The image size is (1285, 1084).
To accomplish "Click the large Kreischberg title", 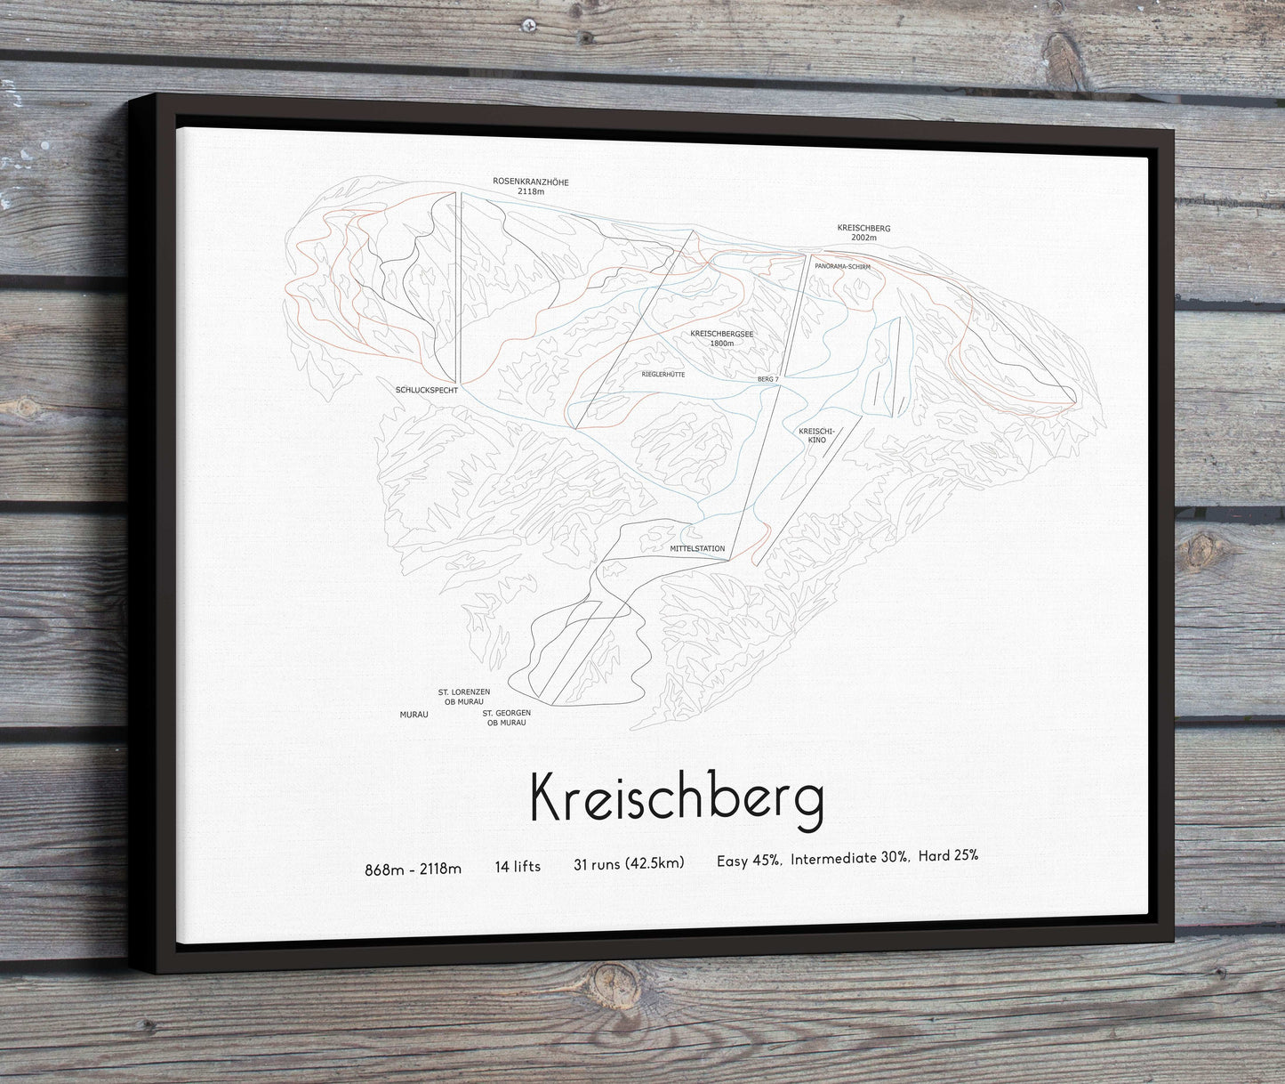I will [676, 797].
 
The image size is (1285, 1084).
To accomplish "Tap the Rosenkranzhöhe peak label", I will [530, 182].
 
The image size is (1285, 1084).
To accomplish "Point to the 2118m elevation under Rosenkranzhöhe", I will [530, 191].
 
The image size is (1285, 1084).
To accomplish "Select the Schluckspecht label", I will [426, 390].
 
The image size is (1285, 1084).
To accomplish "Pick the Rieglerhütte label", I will [663, 375].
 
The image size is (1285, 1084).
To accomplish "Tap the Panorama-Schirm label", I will [841, 266].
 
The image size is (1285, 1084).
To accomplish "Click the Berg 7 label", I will [767, 379].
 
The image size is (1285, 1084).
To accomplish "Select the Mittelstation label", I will [697, 548].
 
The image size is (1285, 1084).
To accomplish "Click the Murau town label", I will [414, 714].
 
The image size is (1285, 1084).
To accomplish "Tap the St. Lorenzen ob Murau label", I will [461, 696].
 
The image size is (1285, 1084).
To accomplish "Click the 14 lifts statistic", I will [518, 866].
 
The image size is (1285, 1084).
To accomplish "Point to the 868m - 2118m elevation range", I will [413, 869].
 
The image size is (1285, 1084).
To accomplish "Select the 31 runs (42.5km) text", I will [629, 863].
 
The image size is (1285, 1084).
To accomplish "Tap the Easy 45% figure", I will [749, 860].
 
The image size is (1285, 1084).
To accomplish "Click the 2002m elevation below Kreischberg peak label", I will [863, 238].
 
